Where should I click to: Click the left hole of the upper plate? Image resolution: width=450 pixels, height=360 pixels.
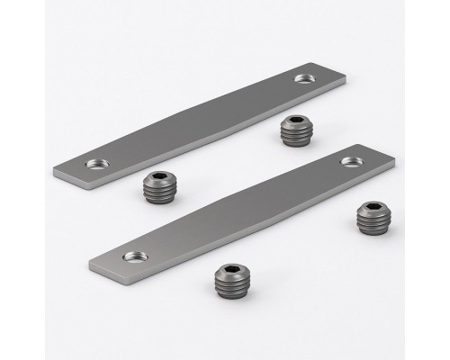click(x=94, y=165)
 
